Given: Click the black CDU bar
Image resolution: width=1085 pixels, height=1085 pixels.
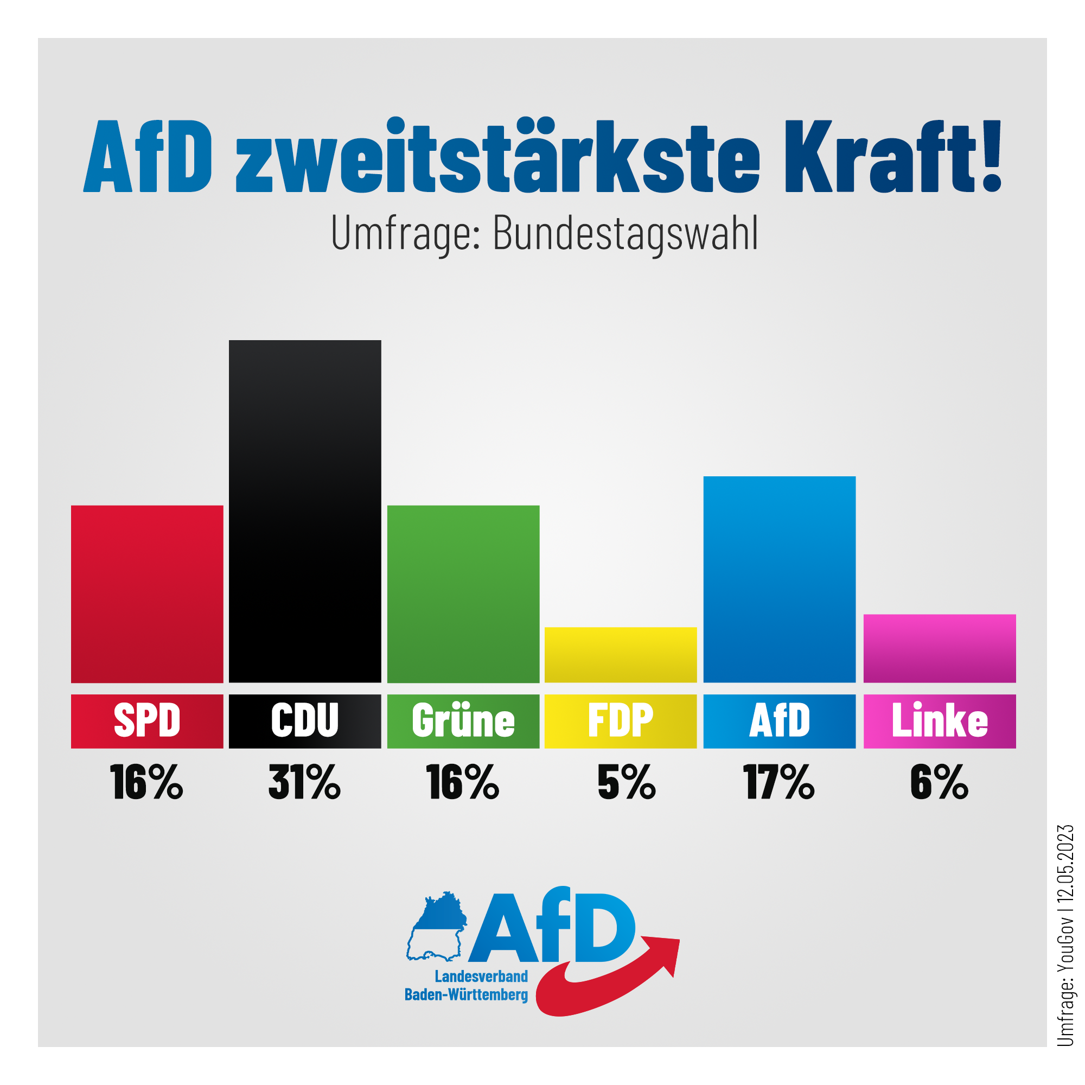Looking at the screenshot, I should tap(304, 511).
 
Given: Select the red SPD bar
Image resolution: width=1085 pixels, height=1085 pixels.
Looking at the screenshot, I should tap(146, 593).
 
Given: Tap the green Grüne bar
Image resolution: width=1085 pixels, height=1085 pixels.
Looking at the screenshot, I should tap(463, 593).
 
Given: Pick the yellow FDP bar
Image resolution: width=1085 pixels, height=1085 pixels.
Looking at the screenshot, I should tap(621, 655).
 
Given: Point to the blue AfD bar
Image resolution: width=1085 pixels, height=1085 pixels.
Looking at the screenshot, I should tap(779, 579).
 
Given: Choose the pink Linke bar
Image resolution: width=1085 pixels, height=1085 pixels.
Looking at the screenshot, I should tap(939, 648).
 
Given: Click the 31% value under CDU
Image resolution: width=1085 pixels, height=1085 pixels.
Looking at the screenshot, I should tap(304, 782).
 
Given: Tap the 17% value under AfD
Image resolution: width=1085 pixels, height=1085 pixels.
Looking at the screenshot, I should tap(779, 782).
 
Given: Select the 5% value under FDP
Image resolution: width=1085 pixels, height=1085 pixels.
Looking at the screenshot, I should tap(626, 782).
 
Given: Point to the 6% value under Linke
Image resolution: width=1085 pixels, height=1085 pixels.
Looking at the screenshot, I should tap(939, 782).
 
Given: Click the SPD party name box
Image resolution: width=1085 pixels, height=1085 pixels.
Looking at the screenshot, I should tap(146, 720).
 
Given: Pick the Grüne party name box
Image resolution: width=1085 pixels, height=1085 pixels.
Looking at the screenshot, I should tap(463, 720).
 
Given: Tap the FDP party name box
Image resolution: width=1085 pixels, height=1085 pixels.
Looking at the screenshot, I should tap(621, 720).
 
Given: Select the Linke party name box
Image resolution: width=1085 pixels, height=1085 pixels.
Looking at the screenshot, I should tap(939, 720).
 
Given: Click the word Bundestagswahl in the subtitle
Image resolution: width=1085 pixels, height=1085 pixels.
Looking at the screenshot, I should tap(625, 233).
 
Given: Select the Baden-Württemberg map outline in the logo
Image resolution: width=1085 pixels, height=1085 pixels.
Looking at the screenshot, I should tap(436, 927).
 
